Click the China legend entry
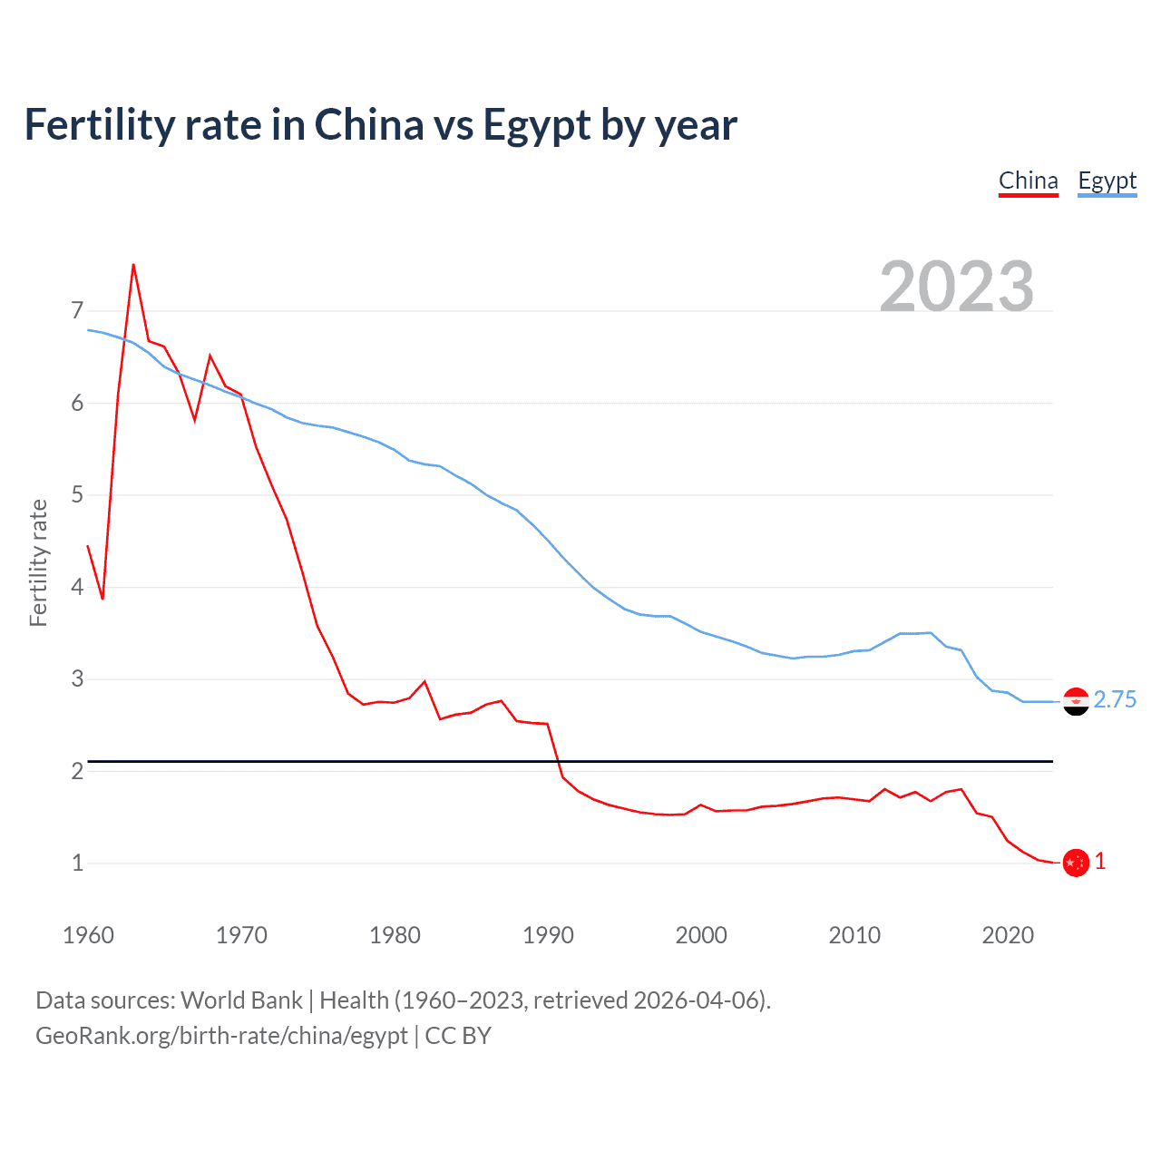(1028, 180)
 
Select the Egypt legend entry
(1107, 180)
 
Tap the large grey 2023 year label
(956, 287)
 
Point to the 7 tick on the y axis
(77, 311)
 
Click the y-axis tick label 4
(77, 587)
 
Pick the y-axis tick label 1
(77, 863)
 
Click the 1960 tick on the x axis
(88, 935)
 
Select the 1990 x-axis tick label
(548, 935)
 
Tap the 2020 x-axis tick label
(1008, 935)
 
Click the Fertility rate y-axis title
(38, 562)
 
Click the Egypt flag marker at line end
(1076, 701)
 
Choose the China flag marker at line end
(1076, 863)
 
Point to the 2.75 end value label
(1115, 699)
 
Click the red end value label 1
(1100, 861)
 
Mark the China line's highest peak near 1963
(133, 265)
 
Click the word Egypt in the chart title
(536, 125)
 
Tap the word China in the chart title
(369, 125)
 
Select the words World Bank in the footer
(241, 1000)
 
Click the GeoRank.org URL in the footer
(221, 1036)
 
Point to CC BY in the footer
(458, 1036)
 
